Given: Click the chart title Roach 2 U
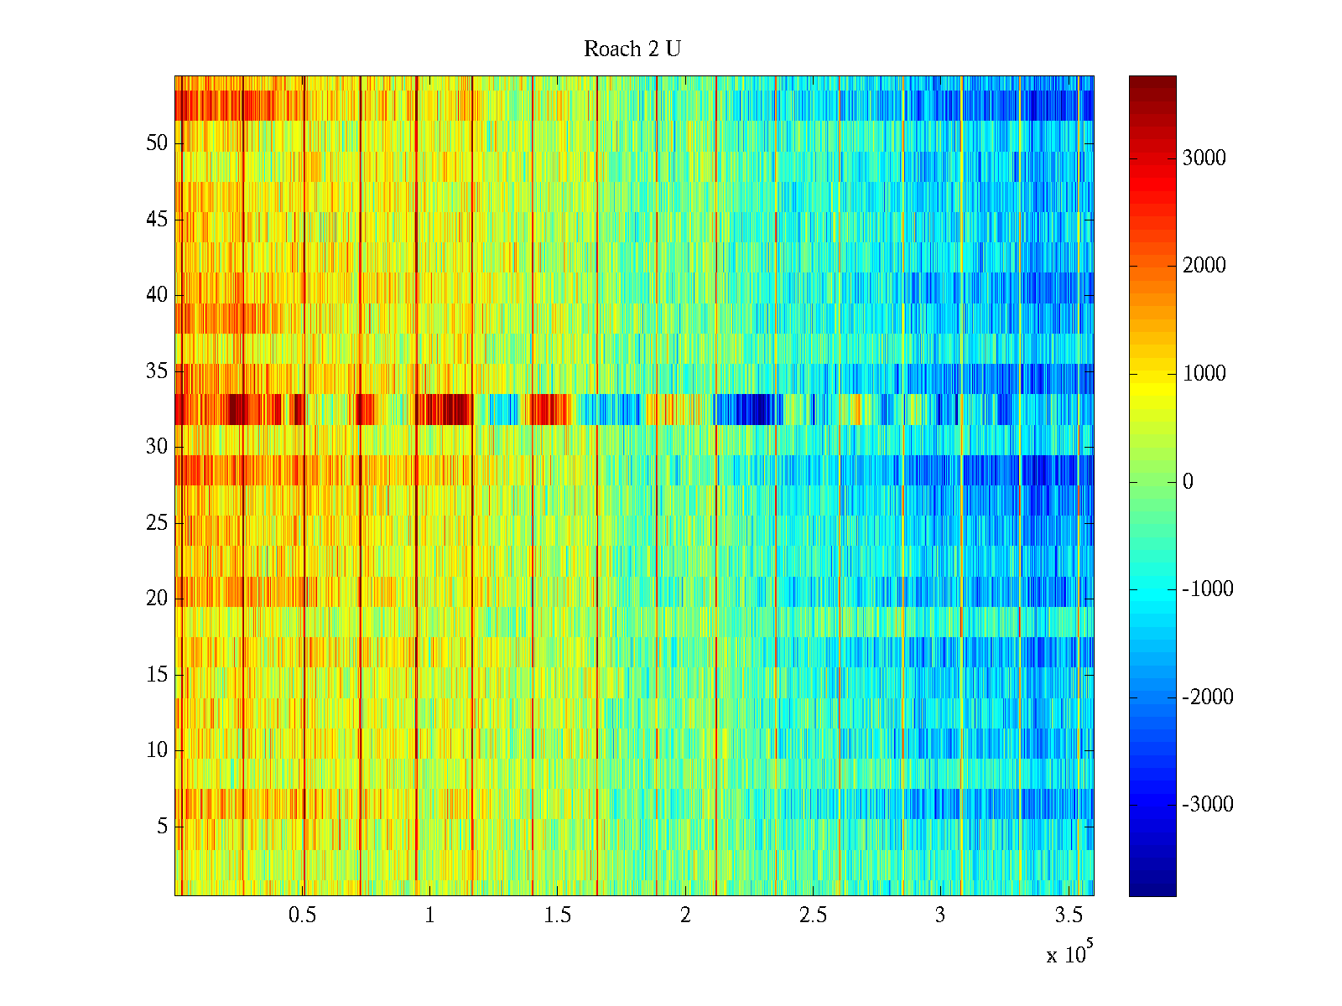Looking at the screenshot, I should tap(632, 49).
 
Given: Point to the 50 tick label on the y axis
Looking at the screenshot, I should tap(157, 143).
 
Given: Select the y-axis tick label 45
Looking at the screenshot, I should tap(157, 220).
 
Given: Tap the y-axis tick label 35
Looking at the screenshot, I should tap(157, 371).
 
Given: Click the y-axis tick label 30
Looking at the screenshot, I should tap(157, 447).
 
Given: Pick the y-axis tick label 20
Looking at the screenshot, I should tap(157, 599).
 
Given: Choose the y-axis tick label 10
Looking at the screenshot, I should tap(157, 750).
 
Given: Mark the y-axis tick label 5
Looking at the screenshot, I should tap(162, 827).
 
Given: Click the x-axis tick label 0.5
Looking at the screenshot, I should tap(302, 915).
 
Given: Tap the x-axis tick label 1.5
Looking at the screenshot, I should tap(558, 915).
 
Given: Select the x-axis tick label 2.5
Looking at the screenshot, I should tap(813, 915).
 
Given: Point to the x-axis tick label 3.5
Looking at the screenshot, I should tap(1068, 915).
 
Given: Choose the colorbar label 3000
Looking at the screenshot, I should tap(1204, 158).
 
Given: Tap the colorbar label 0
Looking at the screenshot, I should tap(1188, 482).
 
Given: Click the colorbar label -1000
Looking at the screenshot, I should tap(1208, 589).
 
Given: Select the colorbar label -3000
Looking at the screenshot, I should tap(1208, 805).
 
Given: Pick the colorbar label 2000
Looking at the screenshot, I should tap(1204, 267).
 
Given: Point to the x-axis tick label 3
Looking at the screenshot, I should tap(940, 915).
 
